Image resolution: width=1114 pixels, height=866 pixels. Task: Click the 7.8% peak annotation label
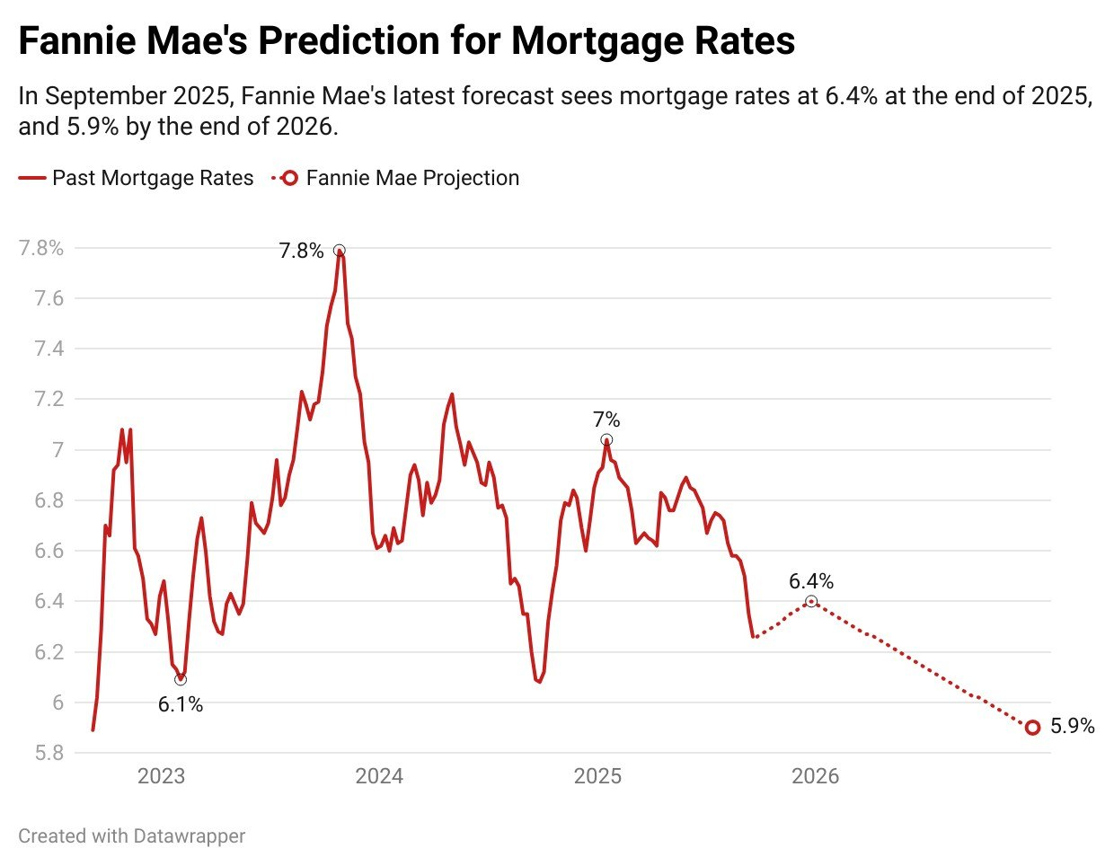pos(301,251)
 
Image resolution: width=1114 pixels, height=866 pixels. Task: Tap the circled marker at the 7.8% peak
pos(339,251)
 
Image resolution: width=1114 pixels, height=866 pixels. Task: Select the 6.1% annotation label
pos(181,705)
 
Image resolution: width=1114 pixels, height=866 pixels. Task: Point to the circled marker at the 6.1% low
pos(181,679)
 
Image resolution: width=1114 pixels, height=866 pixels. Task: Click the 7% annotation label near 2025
pos(606,420)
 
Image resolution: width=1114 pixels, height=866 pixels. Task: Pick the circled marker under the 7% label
pos(606,440)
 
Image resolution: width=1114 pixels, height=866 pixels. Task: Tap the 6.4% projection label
pos(811,581)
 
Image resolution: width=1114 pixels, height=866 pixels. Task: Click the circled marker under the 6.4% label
pos(811,602)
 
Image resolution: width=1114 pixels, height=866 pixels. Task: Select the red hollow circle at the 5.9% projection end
pos(1032,728)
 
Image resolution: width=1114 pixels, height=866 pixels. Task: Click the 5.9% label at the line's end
pos(1073,727)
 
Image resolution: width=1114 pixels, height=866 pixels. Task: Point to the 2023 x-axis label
pos(161,776)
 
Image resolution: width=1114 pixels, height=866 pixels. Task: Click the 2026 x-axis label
pos(815,776)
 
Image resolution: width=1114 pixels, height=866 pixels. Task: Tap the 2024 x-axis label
pos(379,776)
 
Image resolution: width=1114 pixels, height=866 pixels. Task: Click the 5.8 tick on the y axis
pos(49,753)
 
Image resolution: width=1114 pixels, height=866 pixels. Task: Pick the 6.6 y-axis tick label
pos(49,551)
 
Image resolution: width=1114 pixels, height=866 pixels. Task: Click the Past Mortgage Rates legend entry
pos(153,178)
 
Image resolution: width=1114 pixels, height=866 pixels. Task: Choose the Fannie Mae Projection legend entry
pos(412,178)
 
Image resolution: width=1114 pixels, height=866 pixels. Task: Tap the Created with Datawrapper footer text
pos(132,836)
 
